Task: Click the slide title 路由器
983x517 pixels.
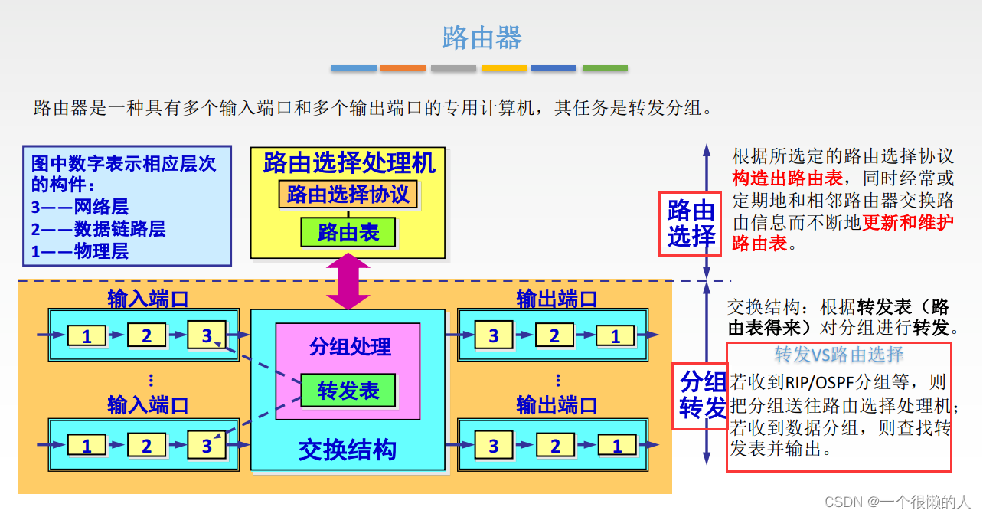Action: tap(482, 38)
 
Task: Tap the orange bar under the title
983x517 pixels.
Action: tap(403, 68)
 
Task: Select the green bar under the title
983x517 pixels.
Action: tap(605, 68)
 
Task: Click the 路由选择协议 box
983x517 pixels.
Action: tap(348, 194)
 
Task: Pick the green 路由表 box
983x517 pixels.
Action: tap(348, 232)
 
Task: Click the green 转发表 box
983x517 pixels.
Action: tap(348, 391)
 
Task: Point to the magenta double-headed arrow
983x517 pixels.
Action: tap(348, 281)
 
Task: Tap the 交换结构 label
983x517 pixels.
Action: tap(348, 450)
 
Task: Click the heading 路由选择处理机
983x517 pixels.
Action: tap(348, 162)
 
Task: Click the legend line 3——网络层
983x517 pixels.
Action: tap(80, 207)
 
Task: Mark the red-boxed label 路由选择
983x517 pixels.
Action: tap(691, 223)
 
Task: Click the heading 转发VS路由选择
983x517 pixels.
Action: tap(839, 355)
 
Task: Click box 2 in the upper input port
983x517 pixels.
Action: tap(146, 335)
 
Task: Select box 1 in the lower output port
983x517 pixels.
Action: tap(617, 446)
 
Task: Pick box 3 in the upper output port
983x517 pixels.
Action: tap(494, 335)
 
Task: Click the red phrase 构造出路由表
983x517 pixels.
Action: tap(787, 178)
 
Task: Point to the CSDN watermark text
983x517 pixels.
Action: tap(897, 502)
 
